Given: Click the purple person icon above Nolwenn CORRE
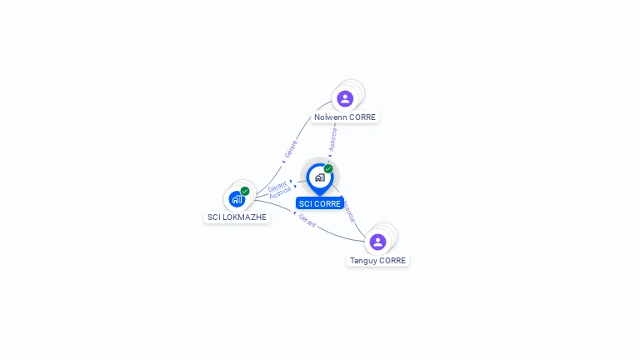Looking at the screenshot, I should coord(345,98).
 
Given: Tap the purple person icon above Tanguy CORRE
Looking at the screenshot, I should coord(377,242).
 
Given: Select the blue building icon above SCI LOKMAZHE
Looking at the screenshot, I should coord(237,199).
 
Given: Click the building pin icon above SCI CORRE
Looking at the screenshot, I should coord(319,177).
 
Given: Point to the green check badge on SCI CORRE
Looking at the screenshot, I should coord(328,169).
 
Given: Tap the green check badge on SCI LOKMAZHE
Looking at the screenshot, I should coord(245,191).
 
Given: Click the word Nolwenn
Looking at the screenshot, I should coord(331,117).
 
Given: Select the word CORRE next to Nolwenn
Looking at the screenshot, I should coord(362,117).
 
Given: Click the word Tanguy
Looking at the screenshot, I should coord(363,261).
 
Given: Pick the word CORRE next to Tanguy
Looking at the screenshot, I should coord(392,261).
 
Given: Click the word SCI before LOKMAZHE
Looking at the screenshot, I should coord(214,217).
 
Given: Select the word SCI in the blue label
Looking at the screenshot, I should coord(306,204).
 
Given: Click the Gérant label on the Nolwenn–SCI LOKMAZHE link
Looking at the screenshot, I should coord(291,149).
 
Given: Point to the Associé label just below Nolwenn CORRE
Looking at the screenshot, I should coord(332,139).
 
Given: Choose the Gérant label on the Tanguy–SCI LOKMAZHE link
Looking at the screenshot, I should coord(307,221).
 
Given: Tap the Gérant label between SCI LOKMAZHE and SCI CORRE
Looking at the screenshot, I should coord(277,185).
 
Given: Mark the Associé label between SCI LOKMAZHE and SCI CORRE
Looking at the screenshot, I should coord(281,192).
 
